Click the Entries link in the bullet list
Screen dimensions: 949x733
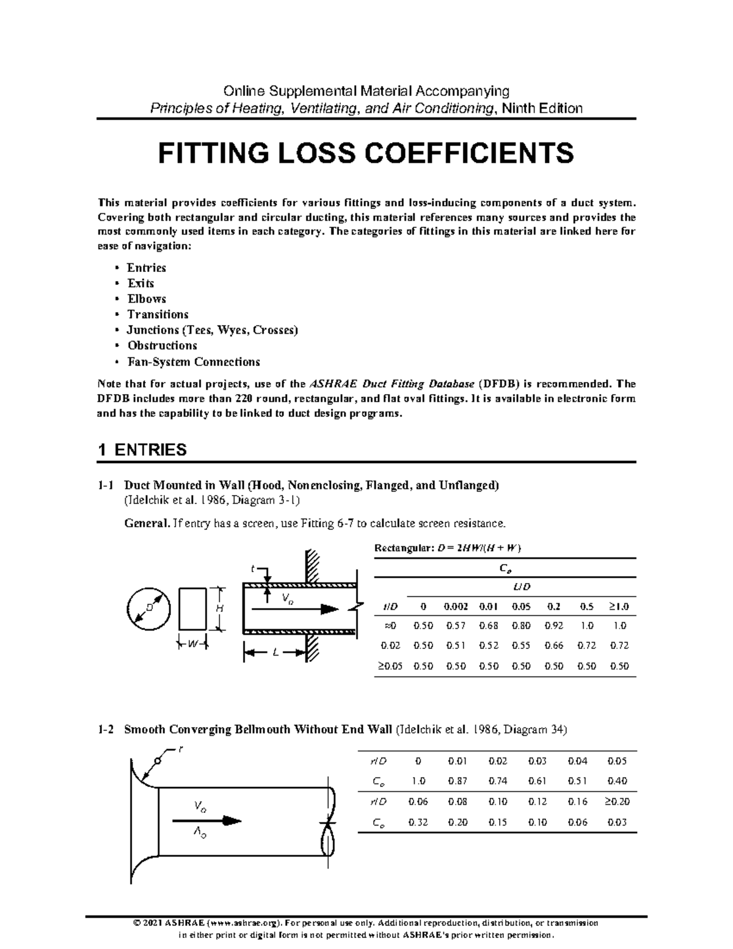pyautogui.click(x=146, y=268)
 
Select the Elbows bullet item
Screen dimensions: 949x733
pyautogui.click(x=146, y=299)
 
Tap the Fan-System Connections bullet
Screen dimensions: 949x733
pyautogui.click(x=193, y=362)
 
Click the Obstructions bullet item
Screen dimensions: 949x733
pyautogui.click(x=161, y=346)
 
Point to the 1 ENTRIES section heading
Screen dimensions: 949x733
pyautogui.click(x=142, y=450)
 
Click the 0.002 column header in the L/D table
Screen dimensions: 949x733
pyautogui.click(x=456, y=607)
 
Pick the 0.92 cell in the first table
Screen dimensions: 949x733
pyautogui.click(x=553, y=626)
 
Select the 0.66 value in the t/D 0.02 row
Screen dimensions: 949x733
pyautogui.click(x=553, y=645)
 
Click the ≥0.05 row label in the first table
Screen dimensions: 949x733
pyautogui.click(x=388, y=666)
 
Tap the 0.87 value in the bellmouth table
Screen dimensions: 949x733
pyautogui.click(x=457, y=781)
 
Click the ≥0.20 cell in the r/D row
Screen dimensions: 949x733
pyautogui.click(x=617, y=801)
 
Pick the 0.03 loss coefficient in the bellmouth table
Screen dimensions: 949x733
pyautogui.click(x=617, y=822)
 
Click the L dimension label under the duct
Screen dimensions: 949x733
pyautogui.click(x=275, y=653)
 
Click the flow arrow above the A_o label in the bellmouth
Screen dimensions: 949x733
pyautogui.click(x=208, y=820)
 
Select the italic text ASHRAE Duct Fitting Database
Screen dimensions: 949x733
pyautogui.click(x=392, y=384)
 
